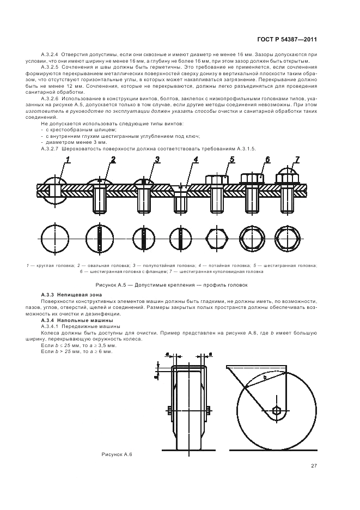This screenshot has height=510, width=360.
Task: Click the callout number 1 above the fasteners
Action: tap(69, 159)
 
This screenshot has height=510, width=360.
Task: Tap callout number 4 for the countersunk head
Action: tap(196, 160)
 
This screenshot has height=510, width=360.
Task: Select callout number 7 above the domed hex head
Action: tap(297, 160)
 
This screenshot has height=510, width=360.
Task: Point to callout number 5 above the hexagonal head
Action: tap(231, 160)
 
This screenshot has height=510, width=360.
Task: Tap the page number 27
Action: tap(314, 465)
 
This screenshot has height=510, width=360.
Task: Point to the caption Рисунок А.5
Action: tap(172, 284)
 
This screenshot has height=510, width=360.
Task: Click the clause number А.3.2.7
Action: tap(51, 148)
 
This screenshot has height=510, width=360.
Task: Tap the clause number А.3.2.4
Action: tap(51, 54)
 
